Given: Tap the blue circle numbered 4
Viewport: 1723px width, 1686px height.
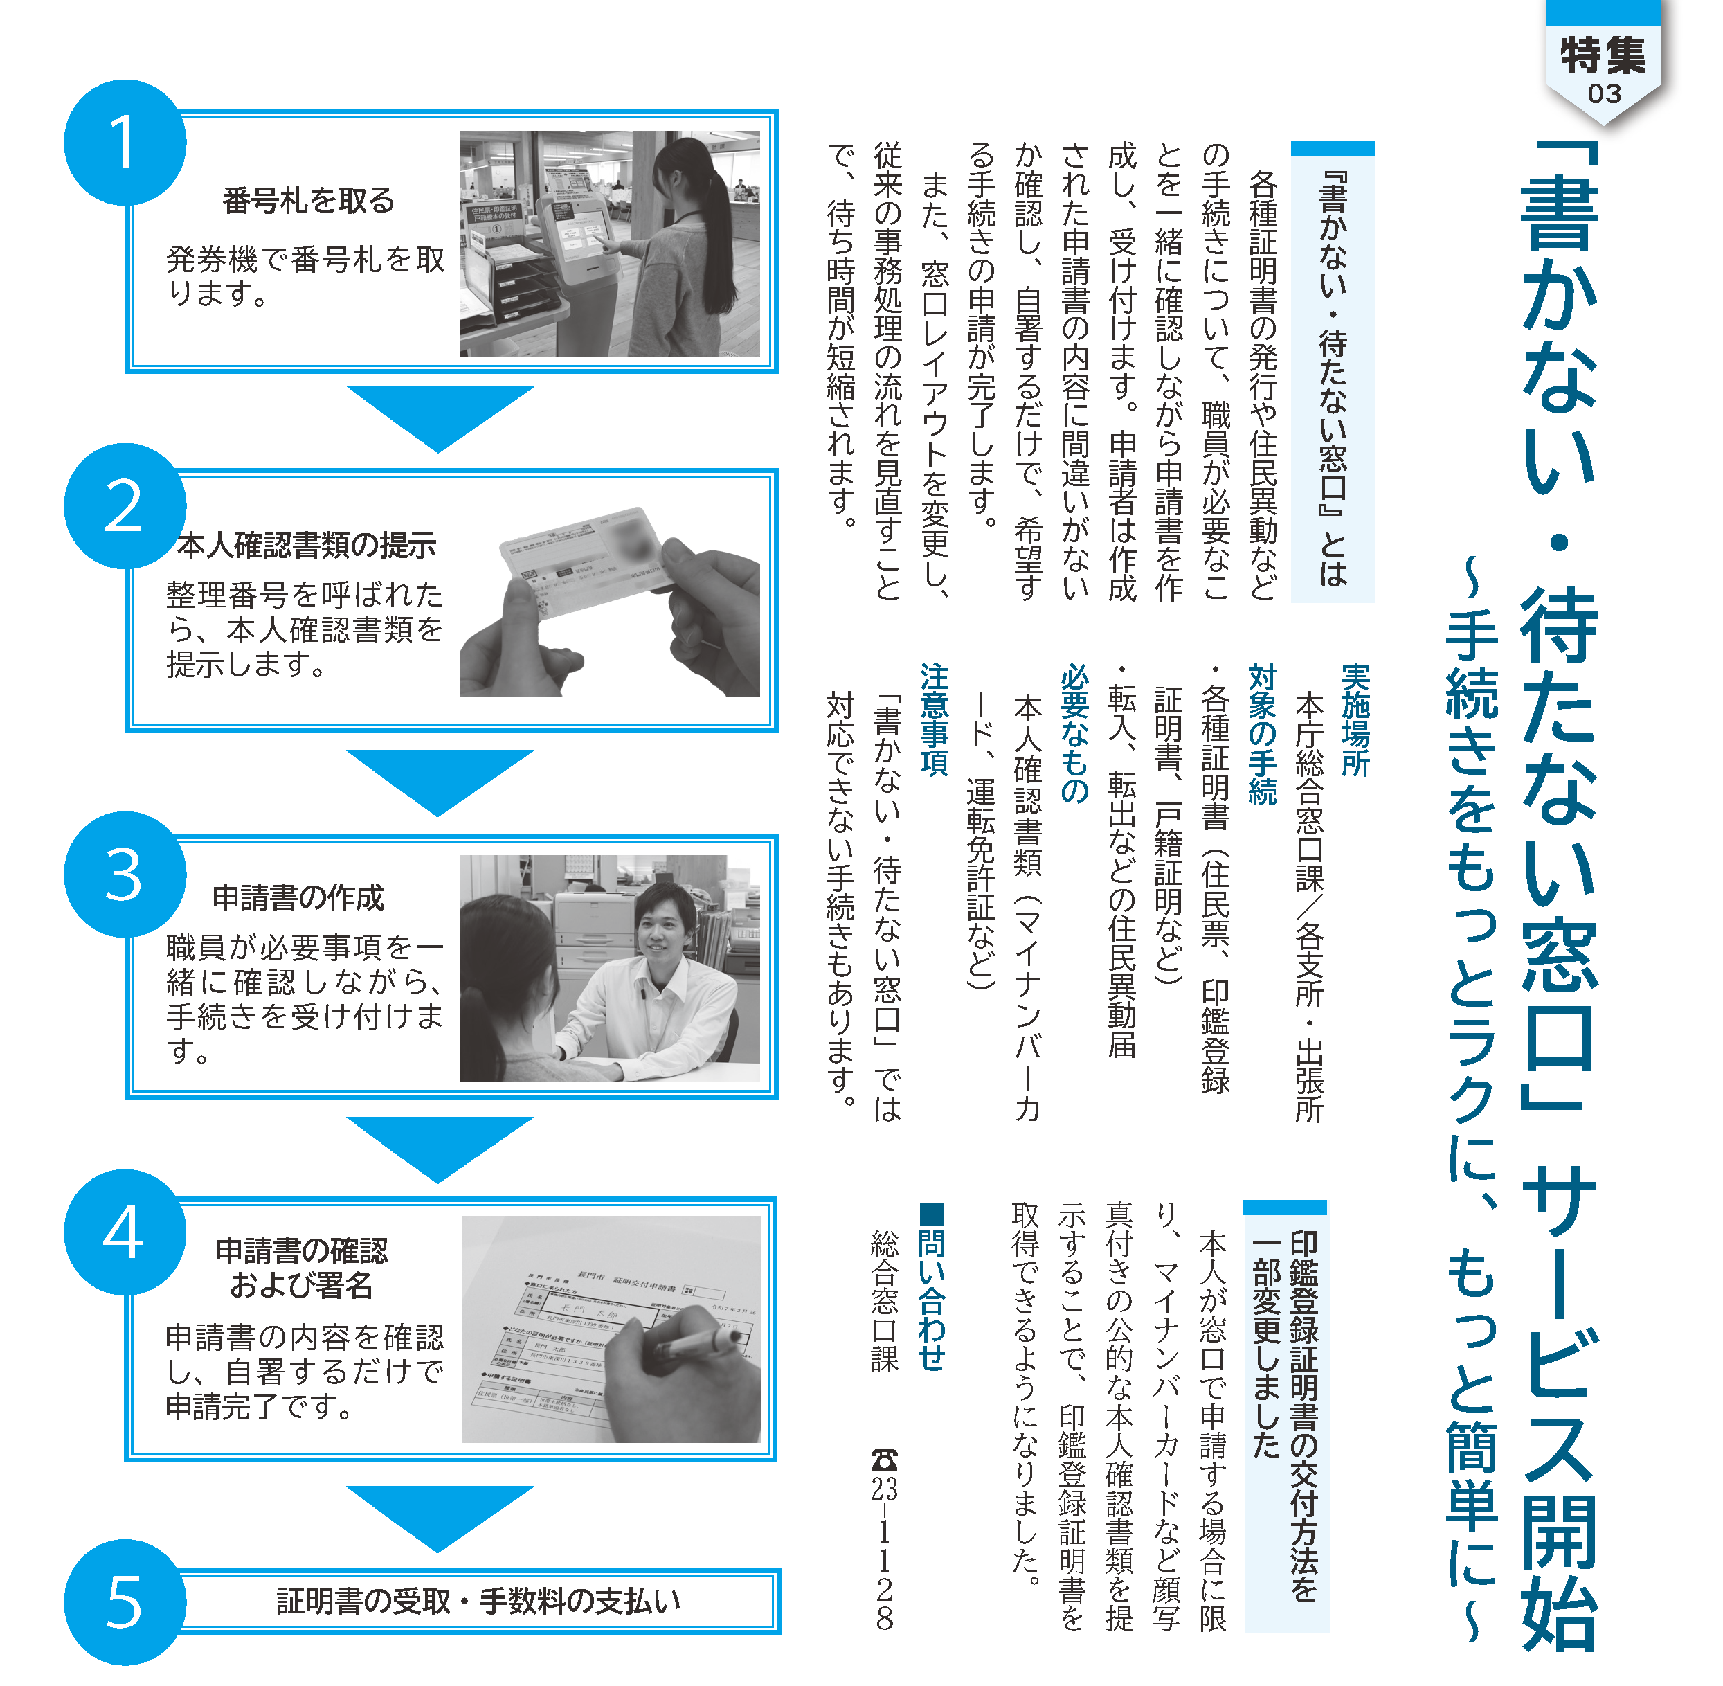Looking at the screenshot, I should point(125,1232).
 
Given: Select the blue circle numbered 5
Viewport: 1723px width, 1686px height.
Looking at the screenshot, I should point(125,1603).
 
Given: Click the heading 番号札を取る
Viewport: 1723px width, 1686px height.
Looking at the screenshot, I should point(308,201).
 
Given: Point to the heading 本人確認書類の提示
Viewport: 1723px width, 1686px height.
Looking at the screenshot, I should point(307,546).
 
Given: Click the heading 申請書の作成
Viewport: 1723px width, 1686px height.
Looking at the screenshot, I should point(298,898).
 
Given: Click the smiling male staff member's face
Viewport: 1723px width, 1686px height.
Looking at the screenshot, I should point(663,931).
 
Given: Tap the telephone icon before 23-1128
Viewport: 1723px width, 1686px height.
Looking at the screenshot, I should point(883,1458).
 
